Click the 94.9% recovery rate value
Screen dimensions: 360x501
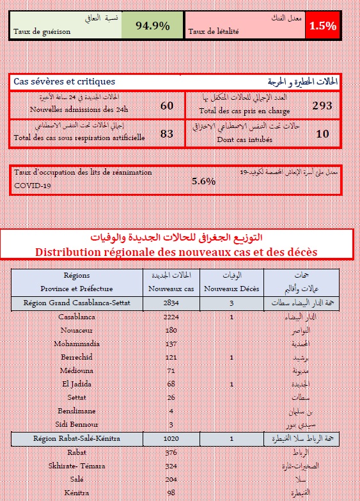tap(153, 26)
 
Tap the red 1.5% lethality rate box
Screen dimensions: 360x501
tap(322, 26)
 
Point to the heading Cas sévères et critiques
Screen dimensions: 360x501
tap(65, 82)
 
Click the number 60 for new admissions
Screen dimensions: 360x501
tap(167, 106)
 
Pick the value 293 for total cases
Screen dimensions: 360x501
tap(322, 106)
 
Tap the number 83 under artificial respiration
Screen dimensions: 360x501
tap(167, 134)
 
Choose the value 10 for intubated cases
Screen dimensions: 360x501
tap(322, 134)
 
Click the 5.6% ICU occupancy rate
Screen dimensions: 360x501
tap(203, 181)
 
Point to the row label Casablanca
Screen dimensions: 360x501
tap(77, 317)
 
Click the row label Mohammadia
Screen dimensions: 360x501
tap(77, 344)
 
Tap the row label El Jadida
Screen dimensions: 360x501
tap(77, 384)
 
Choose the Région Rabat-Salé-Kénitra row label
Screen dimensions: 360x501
tap(77, 439)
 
